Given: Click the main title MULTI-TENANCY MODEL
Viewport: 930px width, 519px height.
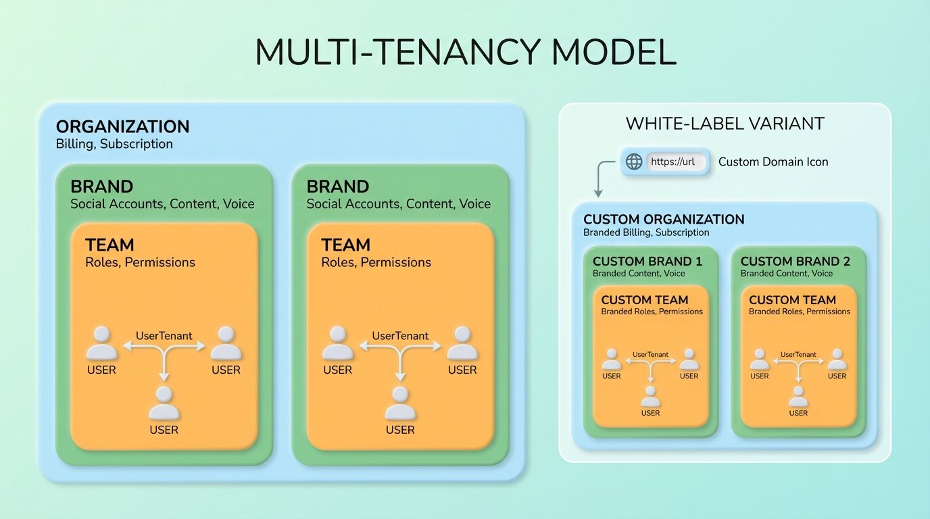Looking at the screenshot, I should [x=465, y=53].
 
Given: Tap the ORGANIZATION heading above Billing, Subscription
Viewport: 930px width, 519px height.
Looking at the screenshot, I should [x=122, y=127].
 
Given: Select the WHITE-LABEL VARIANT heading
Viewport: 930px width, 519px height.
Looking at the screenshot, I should [x=725, y=124].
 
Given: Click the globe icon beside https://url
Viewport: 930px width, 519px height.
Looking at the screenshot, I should [x=633, y=162].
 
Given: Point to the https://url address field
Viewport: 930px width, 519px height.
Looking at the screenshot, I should [x=675, y=162].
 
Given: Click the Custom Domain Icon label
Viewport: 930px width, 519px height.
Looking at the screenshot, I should [x=773, y=162].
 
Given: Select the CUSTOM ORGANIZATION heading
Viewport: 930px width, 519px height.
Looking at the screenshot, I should [x=664, y=220].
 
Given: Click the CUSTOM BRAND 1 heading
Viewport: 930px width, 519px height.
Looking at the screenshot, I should [x=647, y=262].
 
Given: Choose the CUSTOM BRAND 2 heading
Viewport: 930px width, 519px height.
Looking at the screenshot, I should [x=795, y=262].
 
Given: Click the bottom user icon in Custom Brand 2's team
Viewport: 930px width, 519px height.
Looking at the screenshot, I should [x=798, y=397].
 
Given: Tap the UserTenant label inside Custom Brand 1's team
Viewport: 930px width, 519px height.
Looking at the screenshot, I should [x=650, y=354].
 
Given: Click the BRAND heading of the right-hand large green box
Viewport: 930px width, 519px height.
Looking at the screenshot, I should [x=337, y=187].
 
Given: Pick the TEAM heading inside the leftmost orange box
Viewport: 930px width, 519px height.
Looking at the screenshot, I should [x=109, y=245].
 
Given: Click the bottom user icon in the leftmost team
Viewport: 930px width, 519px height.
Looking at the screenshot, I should [x=164, y=404].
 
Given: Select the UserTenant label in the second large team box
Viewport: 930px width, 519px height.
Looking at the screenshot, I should [x=400, y=336].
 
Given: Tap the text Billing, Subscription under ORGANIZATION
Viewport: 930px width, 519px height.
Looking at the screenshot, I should [x=114, y=144].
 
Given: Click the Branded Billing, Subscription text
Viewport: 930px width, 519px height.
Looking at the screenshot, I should [x=646, y=232].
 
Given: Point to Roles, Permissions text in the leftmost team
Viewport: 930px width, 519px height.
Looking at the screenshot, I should [x=140, y=262].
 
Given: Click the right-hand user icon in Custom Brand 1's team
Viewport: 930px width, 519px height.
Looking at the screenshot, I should [x=689, y=360].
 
